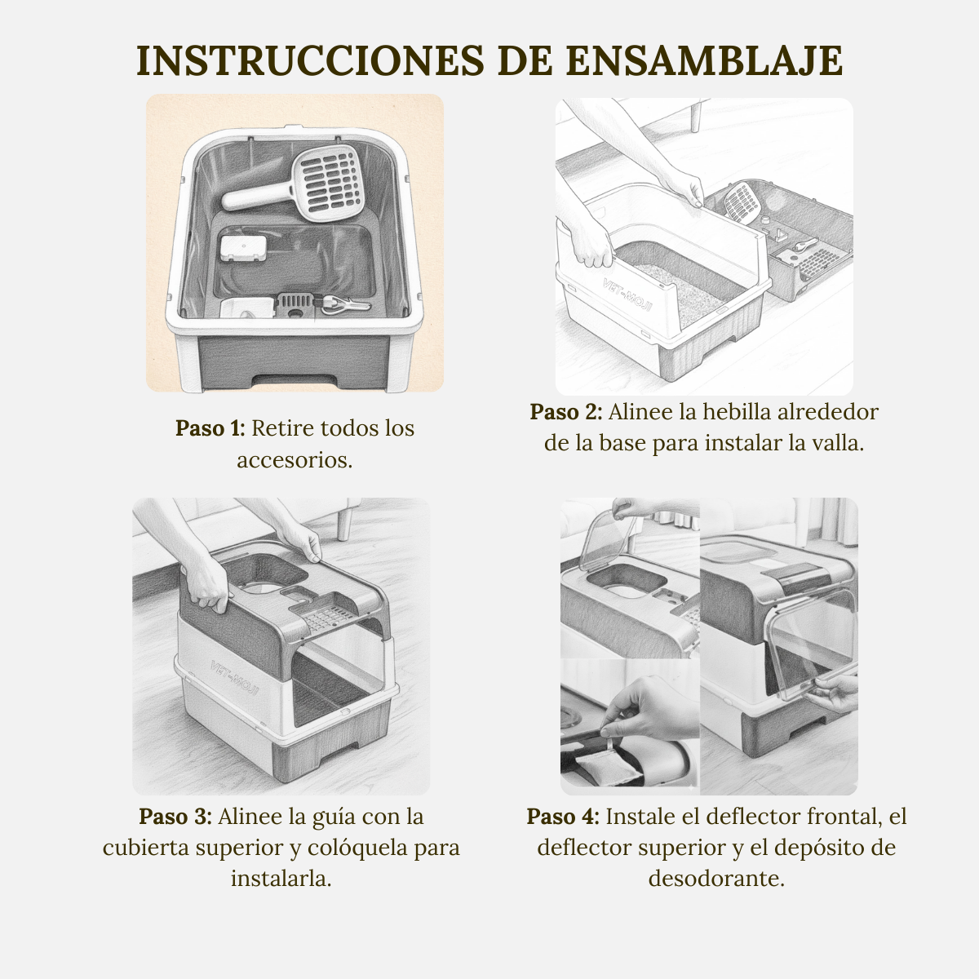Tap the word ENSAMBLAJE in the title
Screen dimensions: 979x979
coord(704,61)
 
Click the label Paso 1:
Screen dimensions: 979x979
coord(210,428)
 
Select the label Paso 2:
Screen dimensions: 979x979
coord(565,412)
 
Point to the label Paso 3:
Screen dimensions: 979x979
coord(175,817)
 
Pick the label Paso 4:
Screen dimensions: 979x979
coord(563,817)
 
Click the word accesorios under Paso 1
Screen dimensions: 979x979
coord(295,460)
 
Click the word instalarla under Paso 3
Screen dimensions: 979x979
coord(281,879)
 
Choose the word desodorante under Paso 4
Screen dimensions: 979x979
coord(716,879)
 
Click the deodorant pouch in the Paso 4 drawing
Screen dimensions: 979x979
coord(610,766)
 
